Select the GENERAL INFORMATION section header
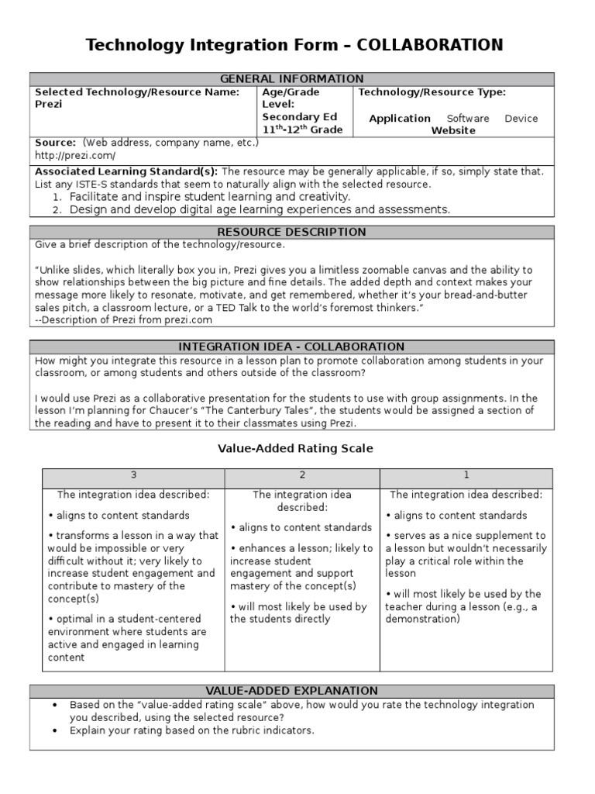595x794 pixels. pos(292,79)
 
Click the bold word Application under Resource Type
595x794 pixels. pos(399,119)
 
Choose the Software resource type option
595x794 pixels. pos(468,119)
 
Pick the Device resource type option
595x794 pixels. pos(521,119)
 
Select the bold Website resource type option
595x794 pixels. pos(453,131)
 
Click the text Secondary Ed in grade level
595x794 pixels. pos(298,117)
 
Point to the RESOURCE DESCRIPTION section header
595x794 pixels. pos(292,232)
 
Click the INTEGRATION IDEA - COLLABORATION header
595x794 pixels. pos(292,347)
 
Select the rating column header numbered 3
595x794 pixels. pos(133,475)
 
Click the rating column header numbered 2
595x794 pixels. pos(302,475)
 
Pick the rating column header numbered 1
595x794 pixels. pos(466,475)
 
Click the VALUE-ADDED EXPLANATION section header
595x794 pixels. pos(292,690)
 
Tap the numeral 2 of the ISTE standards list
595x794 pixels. pos(57,210)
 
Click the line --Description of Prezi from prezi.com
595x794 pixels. pos(123,319)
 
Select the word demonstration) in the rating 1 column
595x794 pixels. pos(422,620)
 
